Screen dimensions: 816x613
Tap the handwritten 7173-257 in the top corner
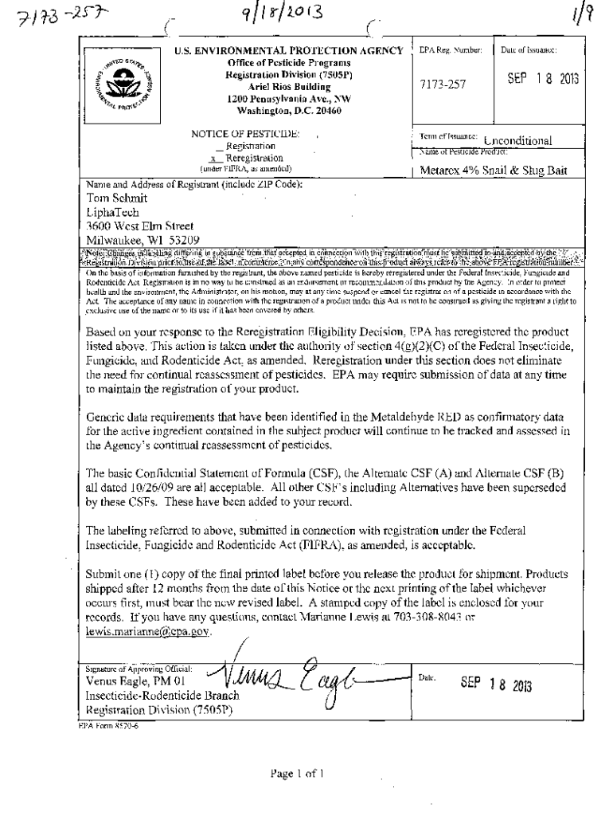click(37, 15)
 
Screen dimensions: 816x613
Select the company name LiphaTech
click(114, 212)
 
